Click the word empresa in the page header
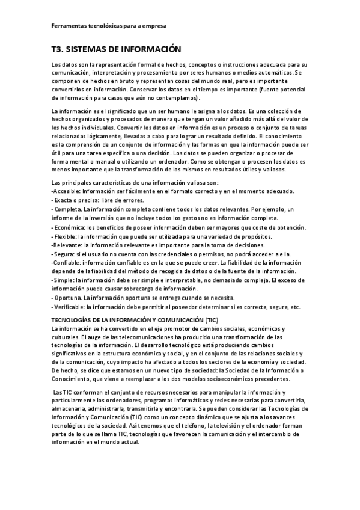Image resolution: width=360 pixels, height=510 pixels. click(153, 26)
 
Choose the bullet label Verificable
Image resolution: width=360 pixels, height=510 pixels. click(70, 307)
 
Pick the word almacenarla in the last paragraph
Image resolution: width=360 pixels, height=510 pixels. click(70, 408)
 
